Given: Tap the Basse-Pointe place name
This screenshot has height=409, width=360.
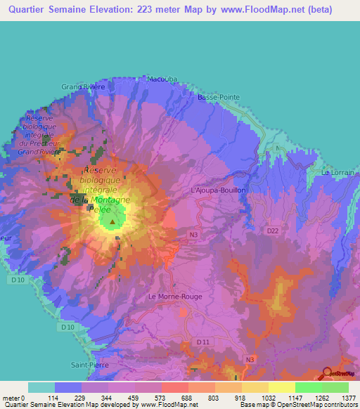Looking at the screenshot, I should (219, 97).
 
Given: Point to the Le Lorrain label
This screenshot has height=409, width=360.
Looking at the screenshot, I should (335, 172).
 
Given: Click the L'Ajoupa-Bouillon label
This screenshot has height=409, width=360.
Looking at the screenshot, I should (217, 190).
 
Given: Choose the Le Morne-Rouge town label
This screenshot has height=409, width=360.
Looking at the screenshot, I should (175, 297).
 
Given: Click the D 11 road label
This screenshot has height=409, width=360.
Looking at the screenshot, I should (204, 342).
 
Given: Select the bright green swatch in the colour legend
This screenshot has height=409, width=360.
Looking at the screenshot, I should (308, 387).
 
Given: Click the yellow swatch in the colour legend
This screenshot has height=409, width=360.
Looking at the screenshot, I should (281, 387).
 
